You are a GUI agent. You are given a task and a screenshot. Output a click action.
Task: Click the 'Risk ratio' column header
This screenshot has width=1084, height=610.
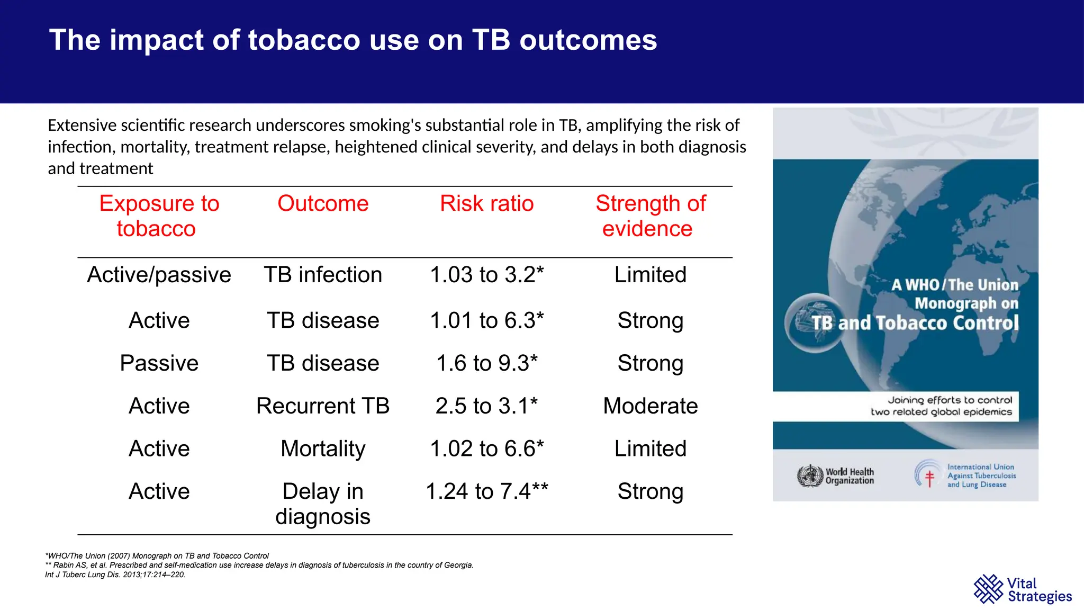486,204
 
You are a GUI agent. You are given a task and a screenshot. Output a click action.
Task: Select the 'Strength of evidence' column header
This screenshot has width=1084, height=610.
650,216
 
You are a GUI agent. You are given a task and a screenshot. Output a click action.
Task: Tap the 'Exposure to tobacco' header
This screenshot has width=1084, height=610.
158,216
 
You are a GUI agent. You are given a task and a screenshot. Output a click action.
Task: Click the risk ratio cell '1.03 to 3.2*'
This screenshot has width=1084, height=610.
486,275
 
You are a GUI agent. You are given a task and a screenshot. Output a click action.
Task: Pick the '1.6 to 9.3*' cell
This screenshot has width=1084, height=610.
486,363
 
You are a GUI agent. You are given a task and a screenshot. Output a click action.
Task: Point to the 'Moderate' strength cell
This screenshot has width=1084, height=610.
650,406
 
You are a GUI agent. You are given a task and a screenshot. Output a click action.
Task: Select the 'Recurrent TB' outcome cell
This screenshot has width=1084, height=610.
323,406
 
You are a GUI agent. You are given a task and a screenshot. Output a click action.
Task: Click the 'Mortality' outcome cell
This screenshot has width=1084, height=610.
323,449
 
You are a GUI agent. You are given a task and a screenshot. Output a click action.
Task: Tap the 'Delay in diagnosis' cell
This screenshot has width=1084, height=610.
323,504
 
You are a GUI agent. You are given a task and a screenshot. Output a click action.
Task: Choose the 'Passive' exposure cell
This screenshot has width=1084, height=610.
159,363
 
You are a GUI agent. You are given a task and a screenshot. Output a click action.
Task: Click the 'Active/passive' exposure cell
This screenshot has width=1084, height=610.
159,275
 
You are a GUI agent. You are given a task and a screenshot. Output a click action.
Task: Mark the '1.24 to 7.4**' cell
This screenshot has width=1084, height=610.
486,491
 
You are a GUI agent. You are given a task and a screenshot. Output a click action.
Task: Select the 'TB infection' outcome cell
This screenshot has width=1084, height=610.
323,275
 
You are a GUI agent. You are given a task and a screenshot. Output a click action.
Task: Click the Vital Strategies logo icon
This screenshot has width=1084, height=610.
988,589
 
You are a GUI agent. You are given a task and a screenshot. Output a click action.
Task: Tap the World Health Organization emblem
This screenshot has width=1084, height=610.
809,476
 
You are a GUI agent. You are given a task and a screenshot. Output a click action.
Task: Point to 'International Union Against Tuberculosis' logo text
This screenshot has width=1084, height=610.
981,476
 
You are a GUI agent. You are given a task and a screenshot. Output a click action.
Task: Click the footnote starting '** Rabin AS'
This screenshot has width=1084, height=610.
259,565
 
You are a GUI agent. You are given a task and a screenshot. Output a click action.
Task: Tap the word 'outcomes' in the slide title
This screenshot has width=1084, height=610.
588,40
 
